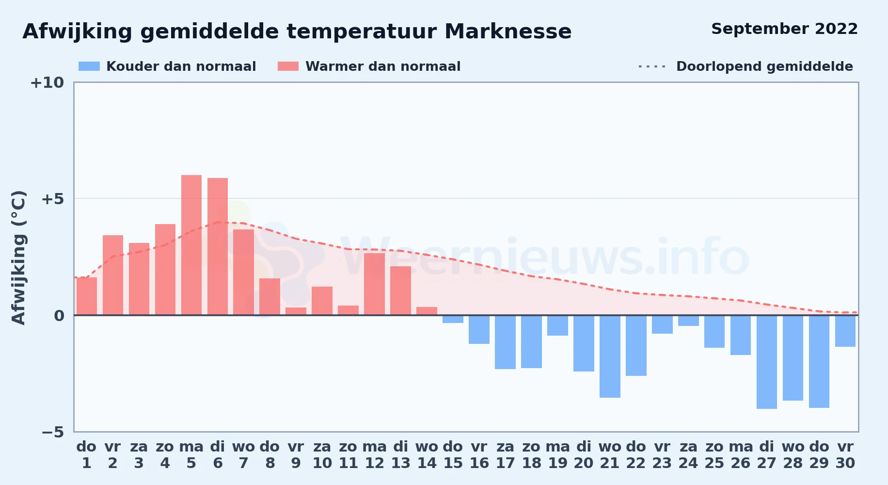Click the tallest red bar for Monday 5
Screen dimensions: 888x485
[x=191, y=245]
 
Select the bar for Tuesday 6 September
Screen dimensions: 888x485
[x=218, y=246]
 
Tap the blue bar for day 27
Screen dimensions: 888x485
[x=767, y=362]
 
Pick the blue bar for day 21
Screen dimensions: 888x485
[x=610, y=356]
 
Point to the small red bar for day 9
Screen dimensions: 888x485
[x=296, y=311]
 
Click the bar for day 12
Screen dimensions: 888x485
[x=374, y=284]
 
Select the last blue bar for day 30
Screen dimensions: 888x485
[x=845, y=331]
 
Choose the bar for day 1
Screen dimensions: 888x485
[x=87, y=296]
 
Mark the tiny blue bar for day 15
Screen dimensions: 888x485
[x=453, y=319]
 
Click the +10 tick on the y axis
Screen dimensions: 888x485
[x=47, y=82]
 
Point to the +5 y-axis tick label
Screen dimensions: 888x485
[x=52, y=199]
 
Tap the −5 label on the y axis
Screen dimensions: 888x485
[x=52, y=432]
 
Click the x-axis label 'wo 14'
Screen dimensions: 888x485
[x=427, y=455]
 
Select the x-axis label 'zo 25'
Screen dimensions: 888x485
[x=714, y=455]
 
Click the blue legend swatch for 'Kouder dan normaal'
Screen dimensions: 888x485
[x=89, y=66]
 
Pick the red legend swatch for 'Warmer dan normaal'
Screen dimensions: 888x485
[x=288, y=66]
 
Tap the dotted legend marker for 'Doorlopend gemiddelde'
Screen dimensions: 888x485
[x=652, y=66]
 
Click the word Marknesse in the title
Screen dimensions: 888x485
[x=508, y=32]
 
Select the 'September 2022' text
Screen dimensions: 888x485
[x=784, y=29]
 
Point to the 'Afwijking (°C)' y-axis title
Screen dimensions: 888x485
[x=18, y=258]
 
